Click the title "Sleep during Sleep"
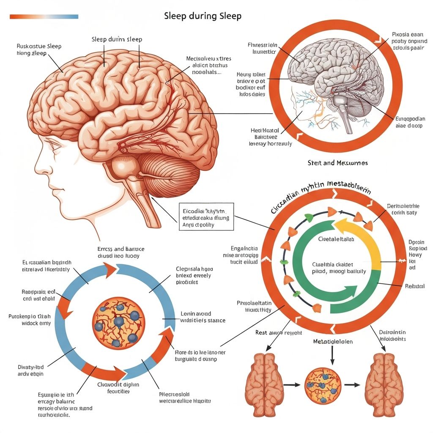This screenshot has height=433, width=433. click(203, 16)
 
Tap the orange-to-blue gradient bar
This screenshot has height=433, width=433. click(44, 16)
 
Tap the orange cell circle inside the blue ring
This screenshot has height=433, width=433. click(118, 320)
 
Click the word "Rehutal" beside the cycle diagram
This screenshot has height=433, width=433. click(414, 286)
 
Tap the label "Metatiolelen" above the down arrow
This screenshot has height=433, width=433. click(332, 341)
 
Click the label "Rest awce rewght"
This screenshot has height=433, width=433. click(279, 333)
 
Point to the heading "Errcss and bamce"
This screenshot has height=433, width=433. click(121, 249)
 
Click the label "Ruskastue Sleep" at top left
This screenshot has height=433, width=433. click(39, 47)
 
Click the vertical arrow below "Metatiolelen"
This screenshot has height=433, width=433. click(332, 355)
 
